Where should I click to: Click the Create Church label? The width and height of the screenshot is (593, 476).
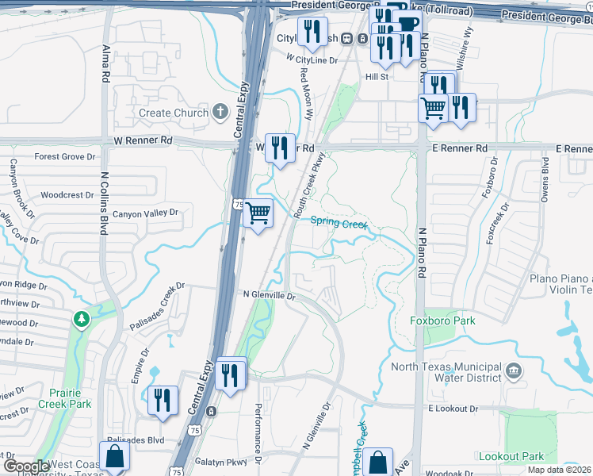click(x=173, y=113)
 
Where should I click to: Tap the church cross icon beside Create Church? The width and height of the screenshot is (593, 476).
click(x=221, y=112)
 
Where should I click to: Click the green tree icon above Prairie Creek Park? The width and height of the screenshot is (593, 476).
click(x=80, y=319)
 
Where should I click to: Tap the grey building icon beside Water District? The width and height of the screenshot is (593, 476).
click(x=514, y=370)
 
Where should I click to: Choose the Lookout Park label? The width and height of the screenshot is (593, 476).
click(x=511, y=456)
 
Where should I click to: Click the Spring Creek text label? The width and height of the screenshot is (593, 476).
click(x=339, y=223)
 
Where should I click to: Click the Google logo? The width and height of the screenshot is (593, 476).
click(x=26, y=466)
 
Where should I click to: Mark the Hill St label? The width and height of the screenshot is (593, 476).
click(x=376, y=77)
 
